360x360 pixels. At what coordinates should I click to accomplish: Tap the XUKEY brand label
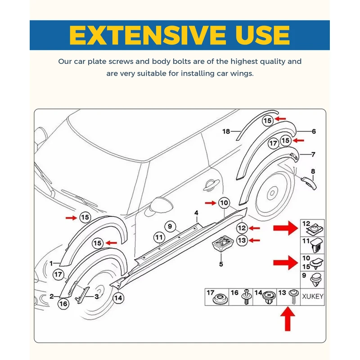tap(312, 297)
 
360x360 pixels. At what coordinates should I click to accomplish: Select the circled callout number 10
tap(224, 203)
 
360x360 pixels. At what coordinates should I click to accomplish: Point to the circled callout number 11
tap(159, 237)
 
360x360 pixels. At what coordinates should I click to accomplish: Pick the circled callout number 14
tap(118, 297)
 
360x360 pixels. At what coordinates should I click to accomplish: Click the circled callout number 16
tap(63, 304)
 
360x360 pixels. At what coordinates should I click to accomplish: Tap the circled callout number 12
tap(242, 228)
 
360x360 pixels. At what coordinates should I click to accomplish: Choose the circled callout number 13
tap(242, 240)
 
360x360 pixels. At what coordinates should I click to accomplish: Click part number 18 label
tap(226, 131)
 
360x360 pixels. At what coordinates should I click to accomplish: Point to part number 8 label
tap(313, 171)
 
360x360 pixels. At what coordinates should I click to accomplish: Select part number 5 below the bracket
tap(221, 264)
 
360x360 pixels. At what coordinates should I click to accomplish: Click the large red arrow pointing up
tap(288, 321)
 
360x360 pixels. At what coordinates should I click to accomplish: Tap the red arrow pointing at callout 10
tap(210, 203)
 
